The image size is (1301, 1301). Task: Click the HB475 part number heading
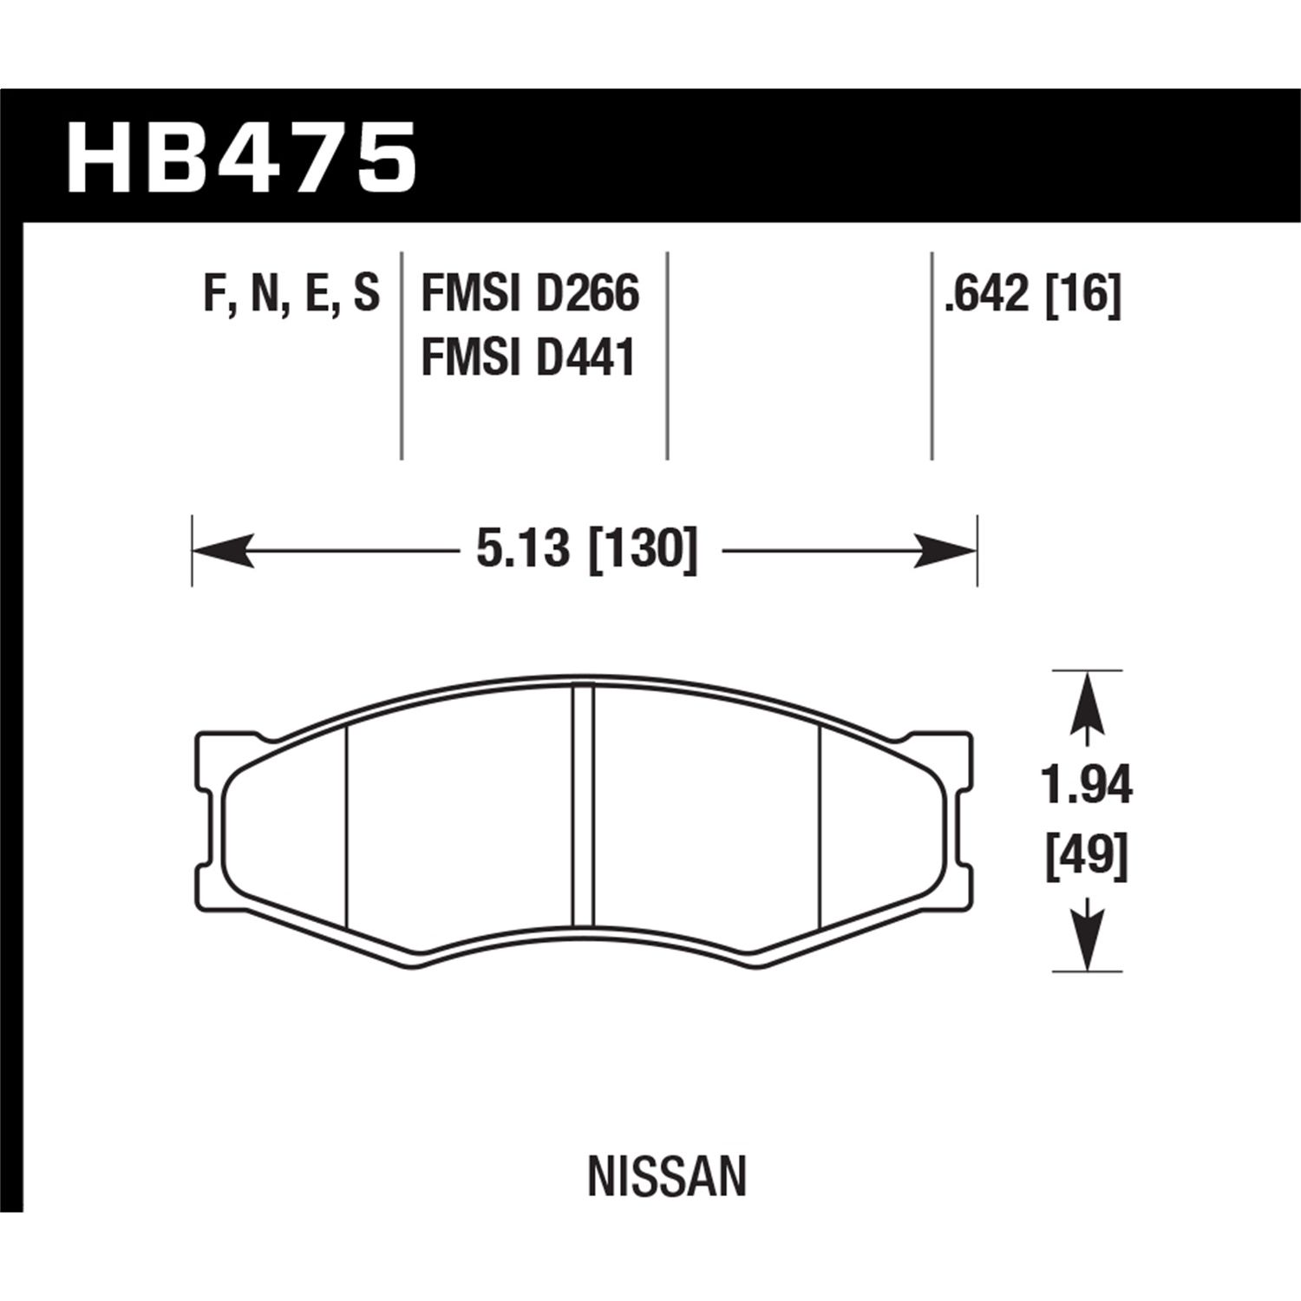(242, 158)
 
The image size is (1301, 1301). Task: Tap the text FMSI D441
(528, 357)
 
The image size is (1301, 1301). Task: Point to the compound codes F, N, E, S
(291, 293)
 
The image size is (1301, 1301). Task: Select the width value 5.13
(522, 550)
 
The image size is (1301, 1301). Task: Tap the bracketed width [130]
(643, 550)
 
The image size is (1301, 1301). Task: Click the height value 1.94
(1087, 786)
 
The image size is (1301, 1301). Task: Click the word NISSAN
(666, 1177)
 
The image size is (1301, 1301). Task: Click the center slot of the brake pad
(583, 807)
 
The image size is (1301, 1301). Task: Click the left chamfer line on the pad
(346, 824)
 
